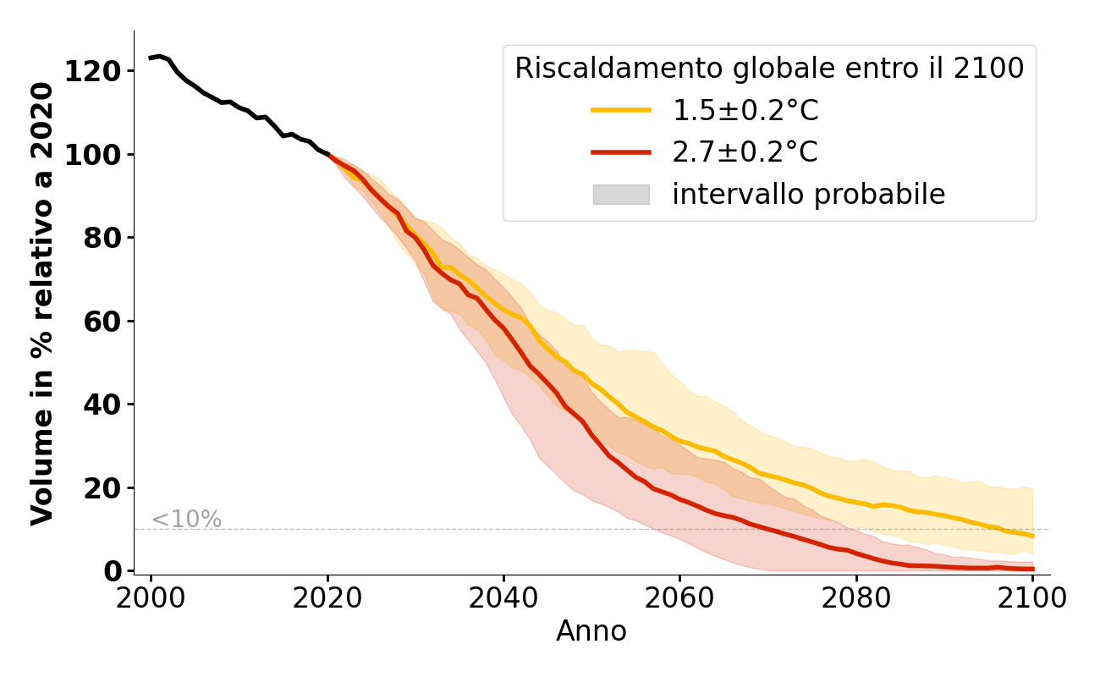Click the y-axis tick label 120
pos(93,71)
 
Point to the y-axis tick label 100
pos(93,155)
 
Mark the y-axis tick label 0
pos(113,572)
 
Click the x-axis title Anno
pos(591,631)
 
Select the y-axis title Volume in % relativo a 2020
pos(43,303)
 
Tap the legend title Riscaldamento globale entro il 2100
pos(769,69)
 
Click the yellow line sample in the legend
pos(621,110)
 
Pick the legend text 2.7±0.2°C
pos(745,152)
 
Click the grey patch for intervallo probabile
pos(621,195)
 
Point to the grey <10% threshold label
pos(186,520)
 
